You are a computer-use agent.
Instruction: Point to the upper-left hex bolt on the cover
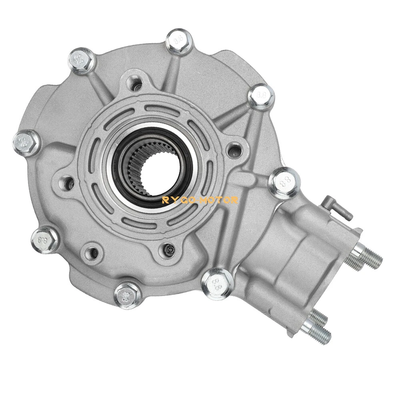81,59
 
